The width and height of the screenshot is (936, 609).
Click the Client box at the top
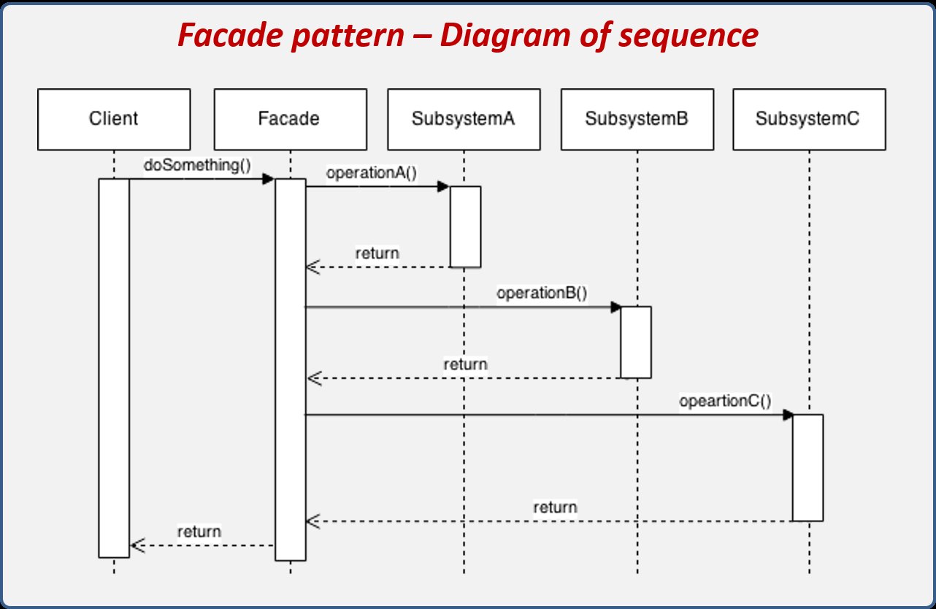pyautogui.click(x=114, y=120)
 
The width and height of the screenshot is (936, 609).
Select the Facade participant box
pyautogui.click(x=291, y=120)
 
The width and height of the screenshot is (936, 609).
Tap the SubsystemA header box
pyautogui.click(x=464, y=120)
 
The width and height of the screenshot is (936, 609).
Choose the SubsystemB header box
pyautogui.click(x=637, y=120)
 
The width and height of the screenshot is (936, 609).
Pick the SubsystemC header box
pyautogui.click(x=810, y=120)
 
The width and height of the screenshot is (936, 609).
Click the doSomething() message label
pyautogui.click(x=197, y=166)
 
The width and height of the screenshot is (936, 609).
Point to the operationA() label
pyautogui.click(x=372, y=172)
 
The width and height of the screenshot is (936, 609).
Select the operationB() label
pyautogui.click(x=542, y=293)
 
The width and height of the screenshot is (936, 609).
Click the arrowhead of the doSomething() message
pyautogui.click(x=268, y=180)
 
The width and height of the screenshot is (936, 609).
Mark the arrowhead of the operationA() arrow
pyautogui.click(x=443, y=186)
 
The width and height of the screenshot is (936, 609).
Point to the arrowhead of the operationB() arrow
pyautogui.click(x=616, y=307)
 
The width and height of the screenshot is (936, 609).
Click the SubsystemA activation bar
pyautogui.click(x=466, y=226)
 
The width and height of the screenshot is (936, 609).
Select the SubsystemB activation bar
pyautogui.click(x=636, y=342)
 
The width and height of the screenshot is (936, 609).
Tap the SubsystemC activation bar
pyautogui.click(x=808, y=468)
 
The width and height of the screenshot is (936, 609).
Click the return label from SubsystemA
pyautogui.click(x=377, y=253)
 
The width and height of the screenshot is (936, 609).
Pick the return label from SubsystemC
pyautogui.click(x=556, y=507)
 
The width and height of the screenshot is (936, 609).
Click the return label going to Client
pyautogui.click(x=199, y=532)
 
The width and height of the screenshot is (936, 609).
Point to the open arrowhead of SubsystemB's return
pyautogui.click(x=314, y=378)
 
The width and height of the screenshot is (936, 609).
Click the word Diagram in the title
pyautogui.click(x=505, y=36)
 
